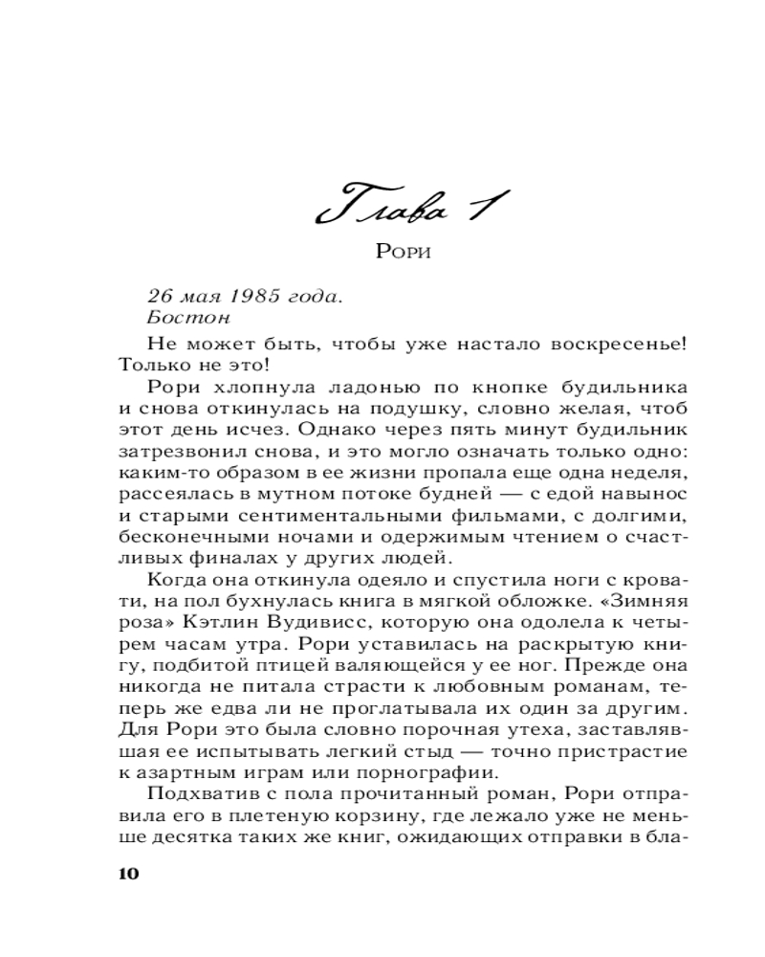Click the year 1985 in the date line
[256, 297]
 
